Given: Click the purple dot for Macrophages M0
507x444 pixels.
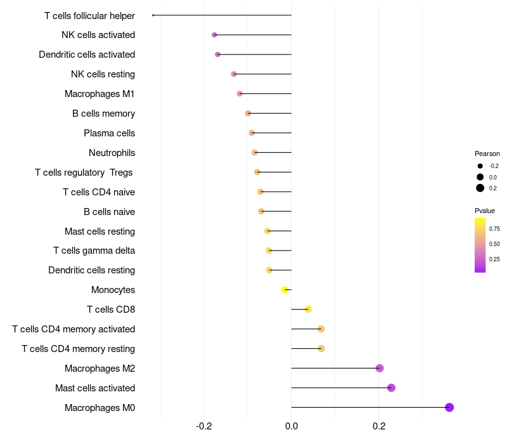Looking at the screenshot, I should (x=449, y=407).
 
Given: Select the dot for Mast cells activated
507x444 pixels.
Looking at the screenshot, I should (x=391, y=388).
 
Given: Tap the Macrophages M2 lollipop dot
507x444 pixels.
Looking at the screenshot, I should (x=380, y=368).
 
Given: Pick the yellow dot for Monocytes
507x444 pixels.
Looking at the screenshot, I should (x=285, y=290).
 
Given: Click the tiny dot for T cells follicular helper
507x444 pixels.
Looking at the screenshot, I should (x=153, y=15).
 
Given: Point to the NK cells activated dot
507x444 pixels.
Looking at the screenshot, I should (x=214, y=35).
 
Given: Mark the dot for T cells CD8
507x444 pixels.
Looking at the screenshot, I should (x=308, y=310).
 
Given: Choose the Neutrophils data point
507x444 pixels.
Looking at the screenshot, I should (x=255, y=152).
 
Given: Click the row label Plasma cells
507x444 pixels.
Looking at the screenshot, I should (x=109, y=133).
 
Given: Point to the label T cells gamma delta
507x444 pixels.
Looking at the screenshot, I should (x=94, y=251).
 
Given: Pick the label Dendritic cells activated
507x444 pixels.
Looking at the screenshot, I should (x=87, y=55).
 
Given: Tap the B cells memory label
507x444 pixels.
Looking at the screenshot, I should (x=103, y=114).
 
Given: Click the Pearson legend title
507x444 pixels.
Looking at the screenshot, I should (x=487, y=153).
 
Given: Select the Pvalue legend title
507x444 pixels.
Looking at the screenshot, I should (x=485, y=211).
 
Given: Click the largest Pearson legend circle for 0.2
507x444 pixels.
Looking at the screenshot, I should (x=480, y=188).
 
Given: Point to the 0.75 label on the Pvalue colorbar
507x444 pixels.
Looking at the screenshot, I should (x=494, y=228).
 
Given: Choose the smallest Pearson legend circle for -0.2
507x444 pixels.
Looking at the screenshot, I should (x=480, y=166).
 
